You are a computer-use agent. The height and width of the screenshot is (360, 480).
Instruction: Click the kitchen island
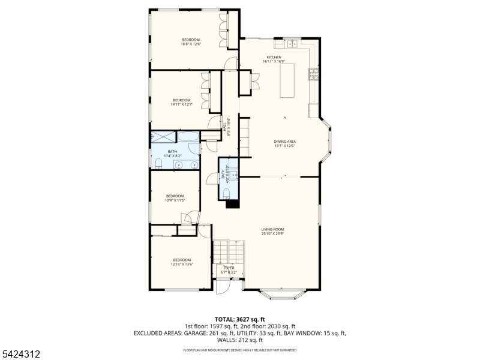click(x=289, y=80)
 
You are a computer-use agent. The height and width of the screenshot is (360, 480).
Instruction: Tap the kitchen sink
click(x=293, y=43)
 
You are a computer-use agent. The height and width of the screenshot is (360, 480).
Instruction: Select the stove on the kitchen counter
click(x=313, y=74)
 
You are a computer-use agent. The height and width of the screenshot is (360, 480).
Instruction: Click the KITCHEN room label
click(x=274, y=57)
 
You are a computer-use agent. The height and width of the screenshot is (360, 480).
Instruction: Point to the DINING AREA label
click(x=285, y=142)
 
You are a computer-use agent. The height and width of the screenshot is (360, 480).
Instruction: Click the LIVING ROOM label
click(x=272, y=229)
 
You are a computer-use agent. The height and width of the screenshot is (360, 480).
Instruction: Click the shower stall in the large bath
click(x=161, y=136)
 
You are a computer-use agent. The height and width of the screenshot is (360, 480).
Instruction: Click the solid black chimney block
click(x=232, y=204)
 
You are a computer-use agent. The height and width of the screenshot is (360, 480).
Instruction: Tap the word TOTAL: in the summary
click(x=227, y=319)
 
